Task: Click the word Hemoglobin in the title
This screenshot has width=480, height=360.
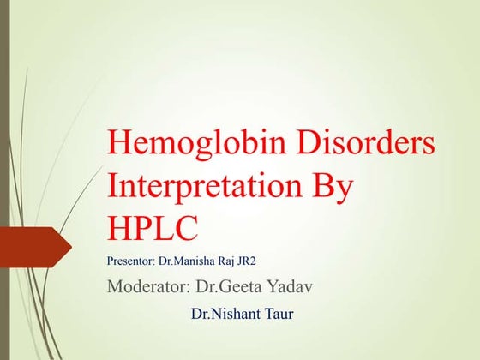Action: (196, 144)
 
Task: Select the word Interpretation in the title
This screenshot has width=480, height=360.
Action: (205, 188)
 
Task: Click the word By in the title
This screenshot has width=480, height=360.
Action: (333, 189)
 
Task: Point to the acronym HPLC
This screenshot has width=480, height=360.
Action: (153, 228)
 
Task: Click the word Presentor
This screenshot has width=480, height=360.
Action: (130, 261)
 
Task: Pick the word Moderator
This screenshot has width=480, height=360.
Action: (148, 286)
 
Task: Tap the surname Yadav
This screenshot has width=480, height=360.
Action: (290, 286)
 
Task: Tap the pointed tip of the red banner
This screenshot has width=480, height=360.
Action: (72, 247)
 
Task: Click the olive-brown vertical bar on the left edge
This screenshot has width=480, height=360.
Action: (4, 180)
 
